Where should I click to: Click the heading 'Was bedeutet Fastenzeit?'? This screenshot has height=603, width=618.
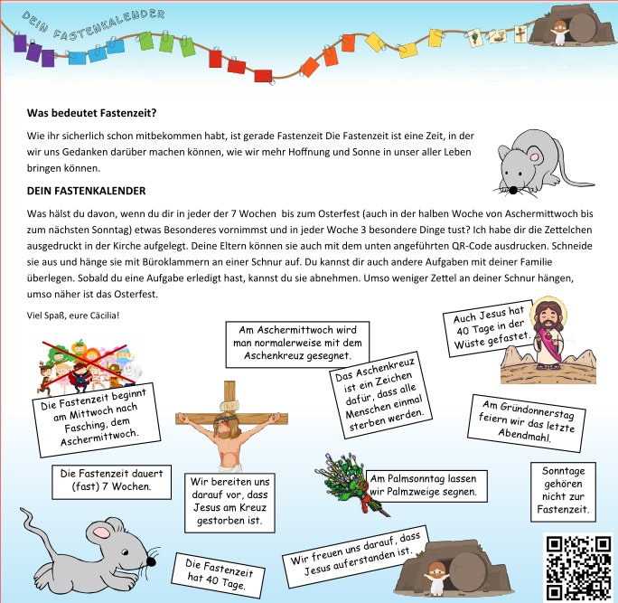92,114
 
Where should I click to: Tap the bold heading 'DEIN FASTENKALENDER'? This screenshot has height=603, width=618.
86,191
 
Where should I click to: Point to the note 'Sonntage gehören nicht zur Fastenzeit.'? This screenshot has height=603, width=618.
563,492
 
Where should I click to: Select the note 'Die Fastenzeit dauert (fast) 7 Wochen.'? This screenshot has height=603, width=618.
105,479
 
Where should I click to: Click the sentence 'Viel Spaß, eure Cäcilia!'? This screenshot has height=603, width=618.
73,315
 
